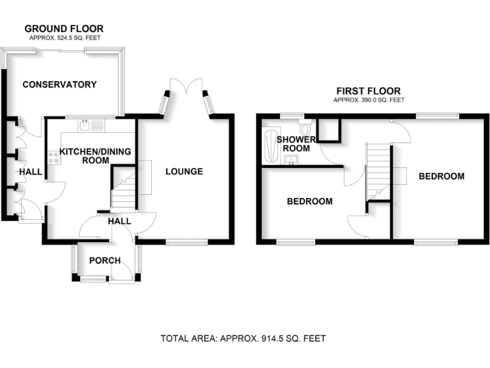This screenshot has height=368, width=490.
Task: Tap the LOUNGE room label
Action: (x=184, y=171)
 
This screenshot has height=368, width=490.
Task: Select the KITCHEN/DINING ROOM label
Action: (x=84, y=156)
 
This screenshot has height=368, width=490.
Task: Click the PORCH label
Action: (x=105, y=260)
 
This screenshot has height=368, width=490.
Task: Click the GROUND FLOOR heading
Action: (x=64, y=29)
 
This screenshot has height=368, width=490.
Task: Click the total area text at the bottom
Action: (x=245, y=339)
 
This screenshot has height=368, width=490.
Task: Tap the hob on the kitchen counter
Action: (x=53, y=158)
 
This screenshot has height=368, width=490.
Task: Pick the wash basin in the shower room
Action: (x=293, y=159)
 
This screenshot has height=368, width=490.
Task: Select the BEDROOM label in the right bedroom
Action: (x=442, y=176)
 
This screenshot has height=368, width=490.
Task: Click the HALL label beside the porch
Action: (x=119, y=221)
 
